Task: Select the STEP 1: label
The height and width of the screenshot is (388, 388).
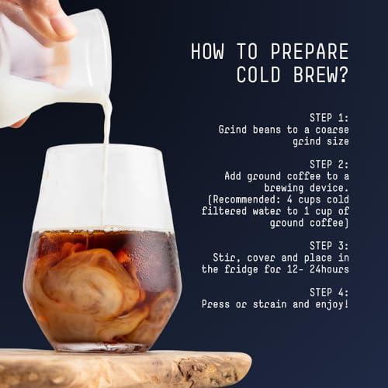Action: (329, 117)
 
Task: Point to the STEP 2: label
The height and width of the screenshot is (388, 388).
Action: (329, 164)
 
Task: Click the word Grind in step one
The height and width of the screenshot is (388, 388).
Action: (234, 130)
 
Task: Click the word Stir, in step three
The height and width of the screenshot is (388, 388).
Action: (226, 257)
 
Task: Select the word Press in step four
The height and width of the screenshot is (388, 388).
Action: (217, 304)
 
